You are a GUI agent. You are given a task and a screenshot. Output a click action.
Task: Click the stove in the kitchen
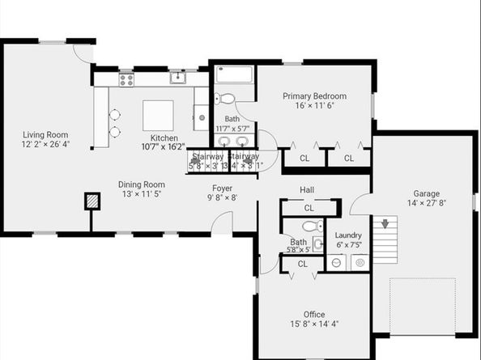point(126,78)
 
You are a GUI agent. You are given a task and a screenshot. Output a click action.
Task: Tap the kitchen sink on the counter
point(177,78)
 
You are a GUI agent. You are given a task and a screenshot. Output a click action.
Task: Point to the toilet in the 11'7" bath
point(226,100)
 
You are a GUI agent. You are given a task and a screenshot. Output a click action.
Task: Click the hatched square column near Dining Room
point(94,201)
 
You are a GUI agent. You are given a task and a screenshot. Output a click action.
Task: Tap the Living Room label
point(45,135)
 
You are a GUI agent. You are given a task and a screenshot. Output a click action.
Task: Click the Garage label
point(426,194)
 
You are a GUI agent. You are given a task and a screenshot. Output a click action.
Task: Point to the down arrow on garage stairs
point(385,222)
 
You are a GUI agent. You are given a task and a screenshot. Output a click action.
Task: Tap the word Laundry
point(348,235)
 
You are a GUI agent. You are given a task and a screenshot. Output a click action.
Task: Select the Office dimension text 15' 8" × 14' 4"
point(314,324)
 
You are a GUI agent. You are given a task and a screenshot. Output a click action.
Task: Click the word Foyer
point(223,188)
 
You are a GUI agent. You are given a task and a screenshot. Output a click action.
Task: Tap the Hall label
point(307,189)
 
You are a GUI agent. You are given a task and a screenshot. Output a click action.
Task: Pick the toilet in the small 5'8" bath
point(317,227)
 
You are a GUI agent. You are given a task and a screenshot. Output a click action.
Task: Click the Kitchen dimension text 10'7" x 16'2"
point(164,147)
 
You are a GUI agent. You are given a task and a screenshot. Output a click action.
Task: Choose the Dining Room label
point(142,184)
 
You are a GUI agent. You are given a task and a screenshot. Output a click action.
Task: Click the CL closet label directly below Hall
point(309,208)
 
